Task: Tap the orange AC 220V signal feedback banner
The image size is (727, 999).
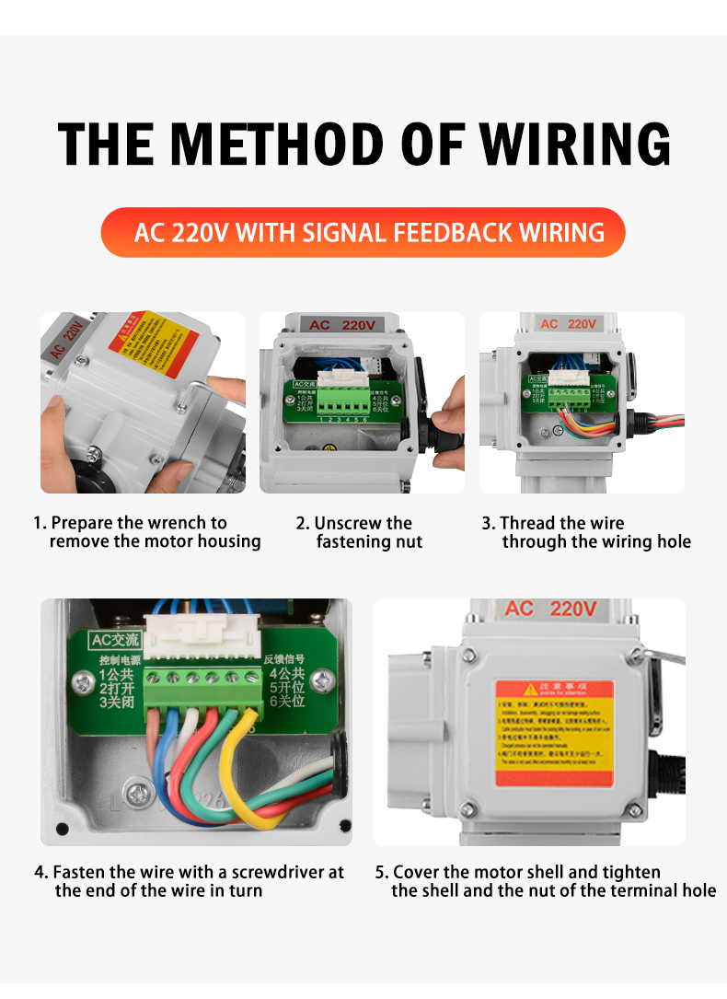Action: (363, 232)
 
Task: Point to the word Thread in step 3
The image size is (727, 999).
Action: (525, 523)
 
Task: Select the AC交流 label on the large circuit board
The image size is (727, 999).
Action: (113, 639)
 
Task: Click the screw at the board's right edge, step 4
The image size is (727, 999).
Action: (320, 680)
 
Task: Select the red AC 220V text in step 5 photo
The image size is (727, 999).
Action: (550, 610)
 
